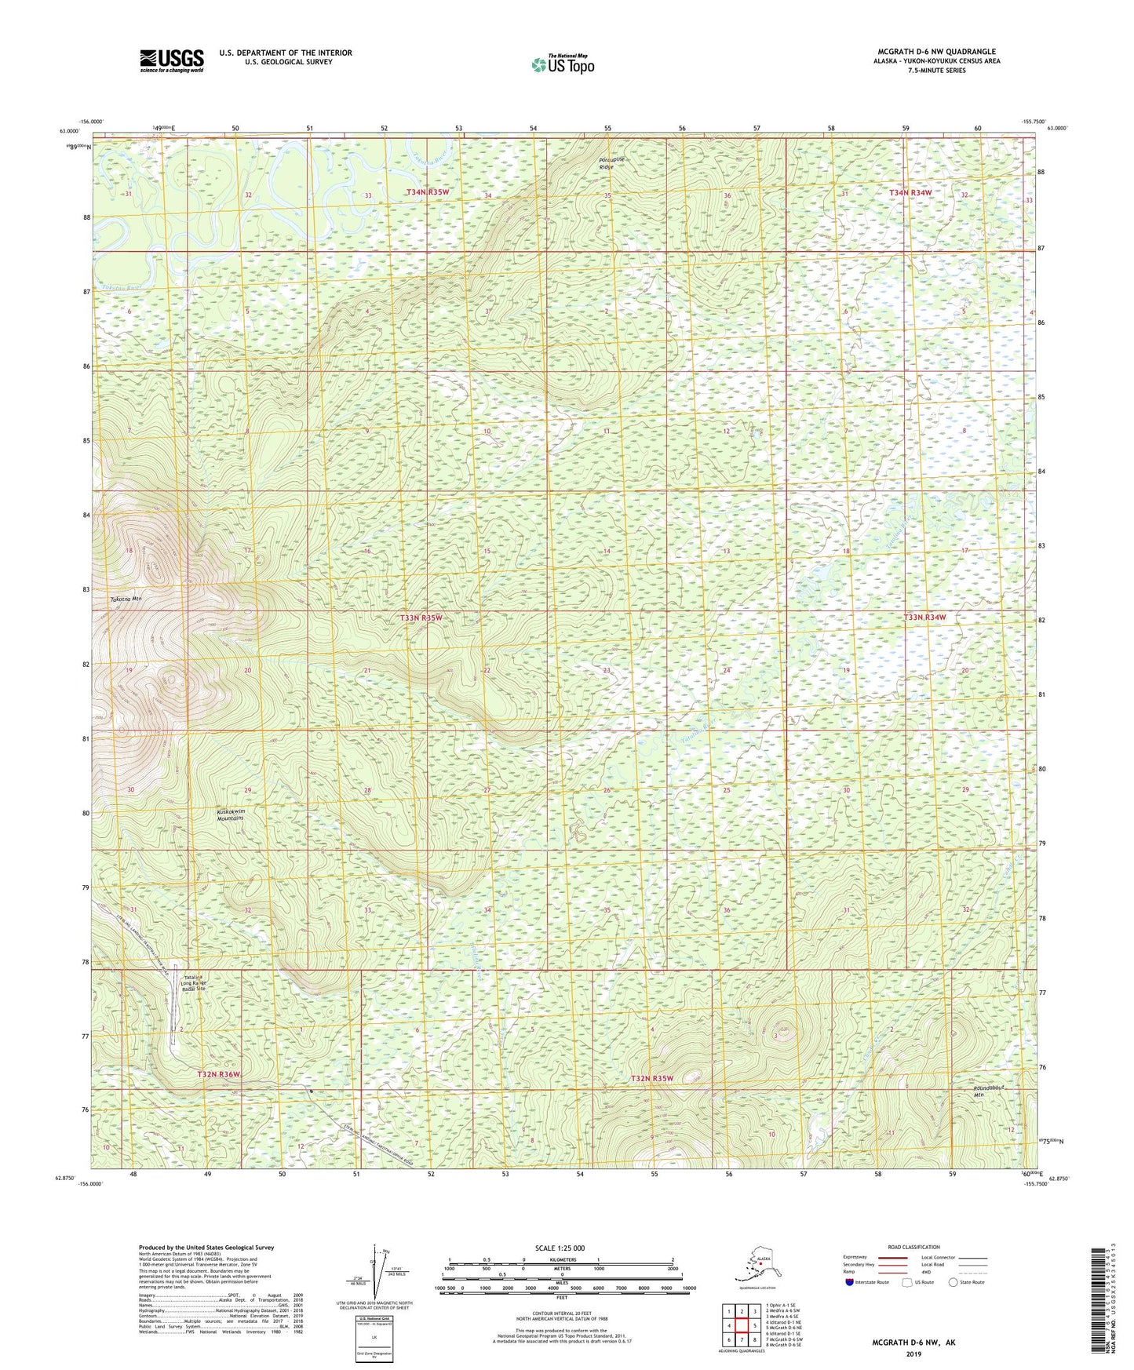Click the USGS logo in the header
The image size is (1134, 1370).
172,60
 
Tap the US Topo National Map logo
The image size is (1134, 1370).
562,64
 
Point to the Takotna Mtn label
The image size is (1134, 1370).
125,599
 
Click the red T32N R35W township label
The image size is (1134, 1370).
652,1078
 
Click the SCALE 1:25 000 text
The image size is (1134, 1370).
560,1248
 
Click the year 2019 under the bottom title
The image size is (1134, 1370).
913,1354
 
